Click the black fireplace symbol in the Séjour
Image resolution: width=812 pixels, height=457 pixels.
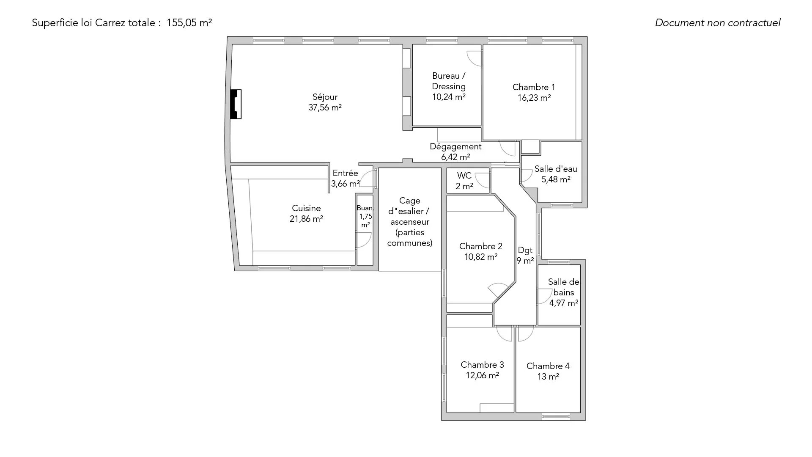tap(236, 104)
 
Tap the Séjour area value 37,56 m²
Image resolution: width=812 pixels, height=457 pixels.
tap(325, 107)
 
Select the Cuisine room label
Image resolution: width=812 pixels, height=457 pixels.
tap(306, 208)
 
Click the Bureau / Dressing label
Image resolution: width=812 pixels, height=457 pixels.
tap(449, 81)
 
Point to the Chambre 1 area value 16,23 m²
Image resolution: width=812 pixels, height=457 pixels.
tap(534, 98)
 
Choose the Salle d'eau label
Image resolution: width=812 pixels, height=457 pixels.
tap(556, 169)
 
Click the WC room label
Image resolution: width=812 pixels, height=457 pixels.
tap(464, 176)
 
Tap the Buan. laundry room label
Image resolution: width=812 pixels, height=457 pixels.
tap(365, 208)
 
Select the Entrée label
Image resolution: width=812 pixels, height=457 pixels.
tap(345, 173)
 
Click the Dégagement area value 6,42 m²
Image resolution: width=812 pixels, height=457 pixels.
tap(455, 157)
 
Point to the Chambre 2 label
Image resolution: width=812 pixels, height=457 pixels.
tap(481, 246)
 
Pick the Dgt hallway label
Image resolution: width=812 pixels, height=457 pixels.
tap(525, 251)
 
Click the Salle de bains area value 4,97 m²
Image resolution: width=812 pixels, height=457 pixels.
tap(564, 303)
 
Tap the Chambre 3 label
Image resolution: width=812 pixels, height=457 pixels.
tap(482, 365)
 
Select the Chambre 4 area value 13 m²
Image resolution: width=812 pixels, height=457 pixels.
tap(548, 377)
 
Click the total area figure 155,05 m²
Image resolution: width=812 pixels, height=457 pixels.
tap(189, 23)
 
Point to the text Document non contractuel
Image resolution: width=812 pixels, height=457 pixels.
tap(718, 23)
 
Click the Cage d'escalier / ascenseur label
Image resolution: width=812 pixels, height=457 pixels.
tap(409, 222)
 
